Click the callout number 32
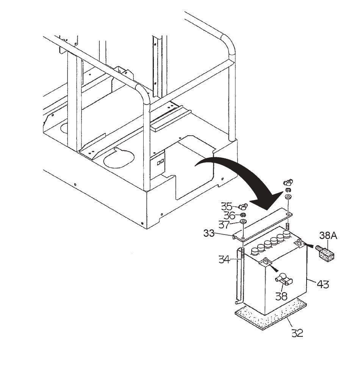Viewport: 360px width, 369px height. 297,333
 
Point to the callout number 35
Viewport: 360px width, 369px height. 227,206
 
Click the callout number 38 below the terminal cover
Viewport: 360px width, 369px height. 281,296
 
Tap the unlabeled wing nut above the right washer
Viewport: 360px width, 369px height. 288,183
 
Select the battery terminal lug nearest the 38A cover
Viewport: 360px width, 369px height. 301,242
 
